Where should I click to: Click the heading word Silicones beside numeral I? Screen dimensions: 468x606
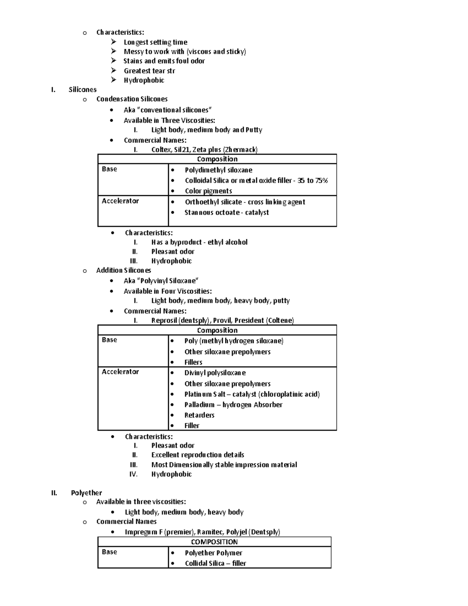click(83, 90)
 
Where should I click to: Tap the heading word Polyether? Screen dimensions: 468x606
click(86, 493)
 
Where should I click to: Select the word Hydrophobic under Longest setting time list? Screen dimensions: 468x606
click(144, 80)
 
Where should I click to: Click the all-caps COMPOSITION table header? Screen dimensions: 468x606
click(214, 542)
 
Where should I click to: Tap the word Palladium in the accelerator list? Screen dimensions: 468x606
click(199, 405)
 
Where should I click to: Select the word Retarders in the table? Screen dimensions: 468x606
click(199, 415)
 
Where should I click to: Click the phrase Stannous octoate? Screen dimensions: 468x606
click(212, 213)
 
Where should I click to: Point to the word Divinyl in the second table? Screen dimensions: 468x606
click(195, 373)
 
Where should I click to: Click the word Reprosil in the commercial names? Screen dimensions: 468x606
click(164, 321)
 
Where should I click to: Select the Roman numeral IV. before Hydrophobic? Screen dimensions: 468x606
click(133, 474)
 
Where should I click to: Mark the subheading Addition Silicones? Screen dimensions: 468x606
click(124, 270)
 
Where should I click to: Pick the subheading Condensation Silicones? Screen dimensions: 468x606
click(132, 99)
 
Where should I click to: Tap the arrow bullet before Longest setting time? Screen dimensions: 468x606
click(113, 42)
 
